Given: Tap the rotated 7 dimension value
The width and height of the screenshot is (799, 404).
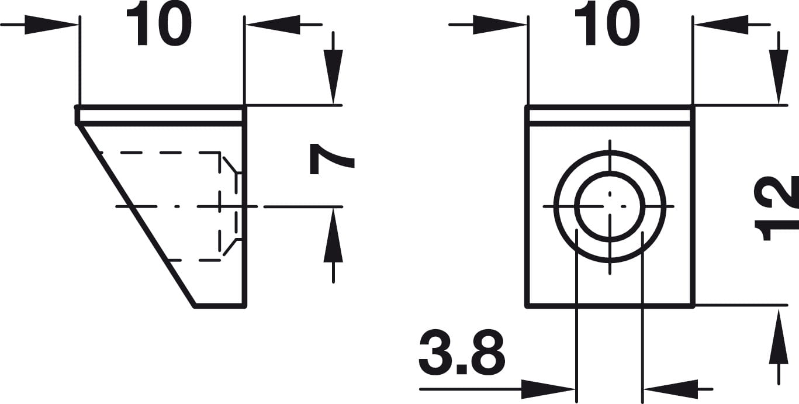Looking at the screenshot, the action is (x=332, y=160).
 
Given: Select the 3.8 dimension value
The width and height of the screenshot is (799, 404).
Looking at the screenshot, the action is (x=462, y=351).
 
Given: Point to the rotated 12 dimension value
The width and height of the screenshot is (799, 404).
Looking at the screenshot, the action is (x=777, y=208).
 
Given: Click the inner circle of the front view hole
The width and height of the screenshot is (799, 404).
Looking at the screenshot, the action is (x=610, y=206).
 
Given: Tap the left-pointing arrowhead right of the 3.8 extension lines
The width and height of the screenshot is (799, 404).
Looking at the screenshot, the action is (x=670, y=389).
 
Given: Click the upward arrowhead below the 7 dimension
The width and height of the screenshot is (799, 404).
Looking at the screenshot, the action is (x=333, y=236).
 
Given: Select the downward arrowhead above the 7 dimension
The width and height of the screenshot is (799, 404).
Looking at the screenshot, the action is (x=333, y=77).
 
